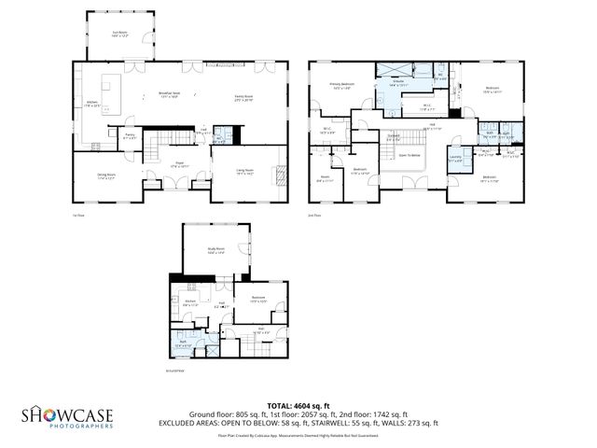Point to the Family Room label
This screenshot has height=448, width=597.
(x=245, y=95)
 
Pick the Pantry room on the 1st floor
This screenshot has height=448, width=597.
(x=130, y=137)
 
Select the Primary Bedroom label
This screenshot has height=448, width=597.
(x=340, y=85)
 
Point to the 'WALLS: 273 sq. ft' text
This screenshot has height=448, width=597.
(x=411, y=423)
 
